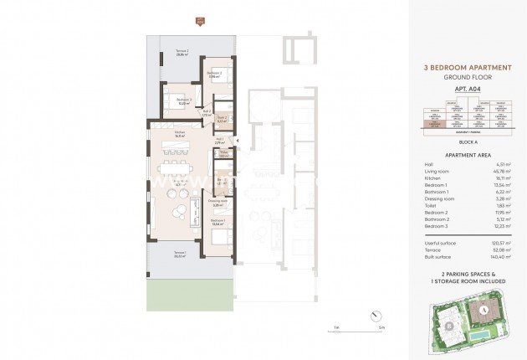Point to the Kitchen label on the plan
pyautogui.click(x=179, y=133)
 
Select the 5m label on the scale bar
pyautogui.click(x=380, y=329)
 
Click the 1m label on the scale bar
pyautogui.click(x=335, y=329)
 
